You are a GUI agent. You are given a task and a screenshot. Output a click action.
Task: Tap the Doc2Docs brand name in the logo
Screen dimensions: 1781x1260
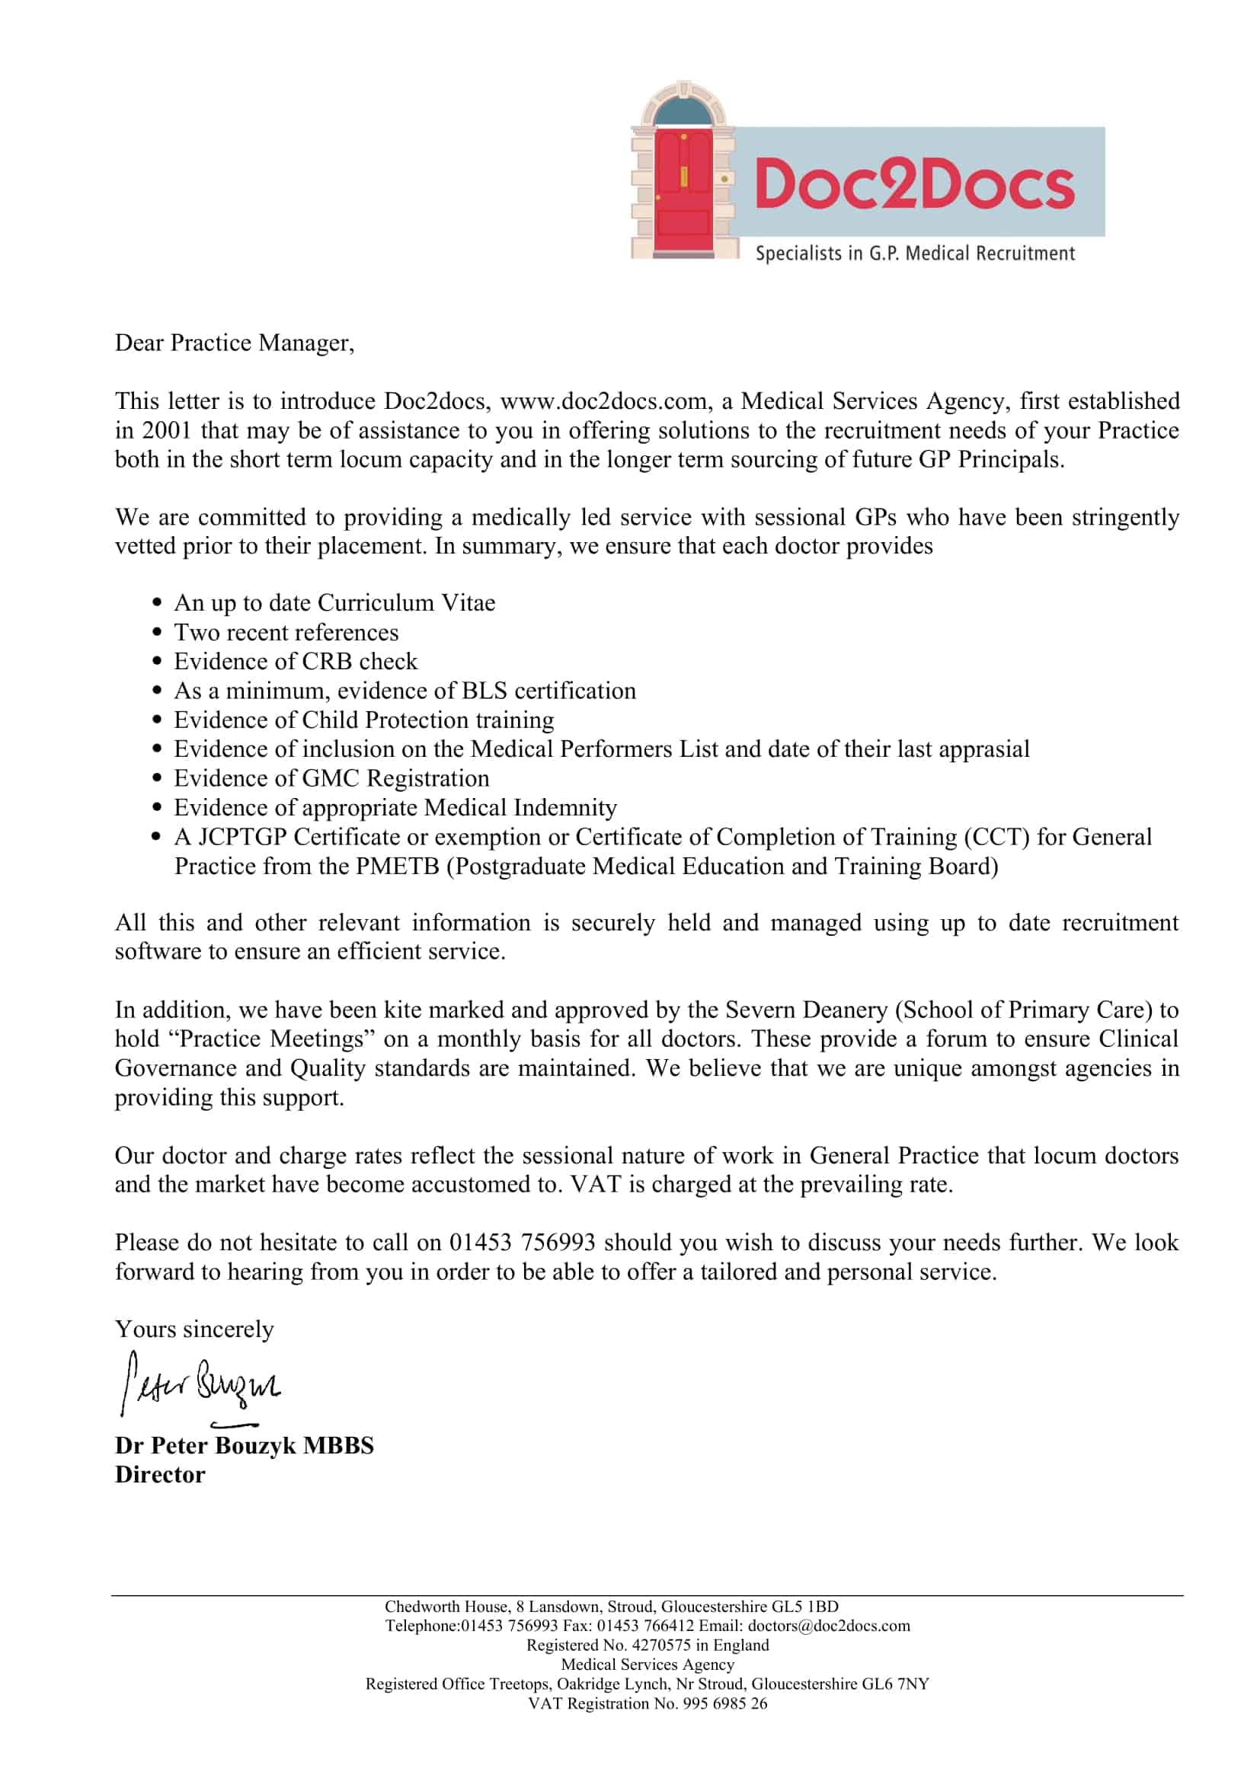(914, 184)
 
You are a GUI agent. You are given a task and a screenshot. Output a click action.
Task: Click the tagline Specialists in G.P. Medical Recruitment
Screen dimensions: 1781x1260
(915, 254)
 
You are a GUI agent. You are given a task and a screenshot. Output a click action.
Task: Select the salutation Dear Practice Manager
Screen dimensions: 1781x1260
(235, 343)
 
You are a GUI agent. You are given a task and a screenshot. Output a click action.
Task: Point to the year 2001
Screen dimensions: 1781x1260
(166, 430)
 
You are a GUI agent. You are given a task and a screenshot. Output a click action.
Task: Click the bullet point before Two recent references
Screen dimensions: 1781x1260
(158, 632)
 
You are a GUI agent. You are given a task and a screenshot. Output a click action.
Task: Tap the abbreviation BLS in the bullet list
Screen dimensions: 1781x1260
(484, 691)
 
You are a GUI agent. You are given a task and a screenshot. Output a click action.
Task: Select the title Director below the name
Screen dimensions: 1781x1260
(160, 1475)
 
